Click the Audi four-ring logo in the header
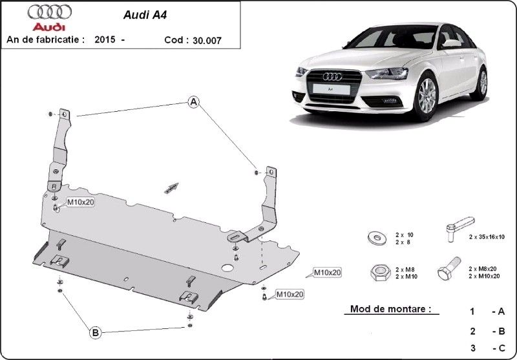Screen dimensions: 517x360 tap(50, 12)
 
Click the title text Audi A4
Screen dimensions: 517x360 tap(145, 15)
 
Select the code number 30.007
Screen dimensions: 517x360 tap(207, 41)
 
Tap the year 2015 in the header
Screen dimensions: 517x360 tap(105, 39)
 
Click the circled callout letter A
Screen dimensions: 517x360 tap(193, 102)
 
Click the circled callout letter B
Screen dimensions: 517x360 tap(95, 333)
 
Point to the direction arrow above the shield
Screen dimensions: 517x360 tap(171, 188)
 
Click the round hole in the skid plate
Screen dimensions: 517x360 tap(227, 268)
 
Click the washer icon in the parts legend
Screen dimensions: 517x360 tap(377, 238)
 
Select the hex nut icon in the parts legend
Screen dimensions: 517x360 tap(380, 273)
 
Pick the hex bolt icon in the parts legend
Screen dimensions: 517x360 tap(448, 269)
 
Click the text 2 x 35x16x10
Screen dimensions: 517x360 tap(487, 237)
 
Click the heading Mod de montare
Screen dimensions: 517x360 tap(391, 309)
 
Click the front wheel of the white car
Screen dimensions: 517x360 tap(427, 96)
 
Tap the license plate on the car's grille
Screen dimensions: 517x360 tap(331, 89)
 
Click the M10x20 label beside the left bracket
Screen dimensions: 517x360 tap(81, 202)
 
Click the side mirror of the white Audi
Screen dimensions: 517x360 tap(450, 43)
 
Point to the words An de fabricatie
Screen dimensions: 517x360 tap(45, 39)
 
